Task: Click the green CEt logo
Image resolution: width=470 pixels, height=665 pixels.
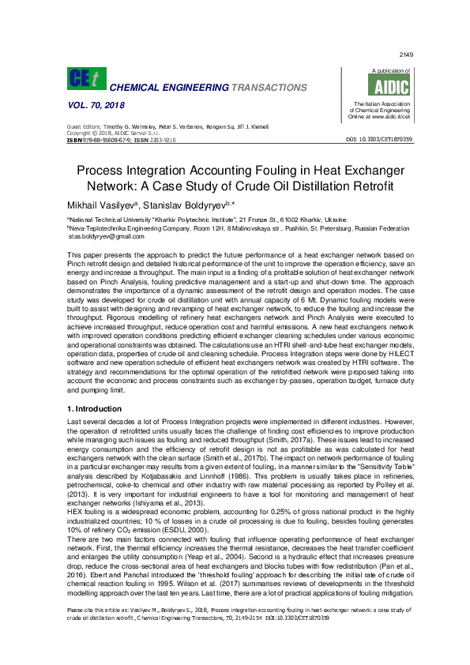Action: [85, 79]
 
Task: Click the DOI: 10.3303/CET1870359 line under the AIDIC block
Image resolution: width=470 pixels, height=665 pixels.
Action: [380, 139]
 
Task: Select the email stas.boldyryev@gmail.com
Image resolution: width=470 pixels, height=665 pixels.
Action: [108, 236]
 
